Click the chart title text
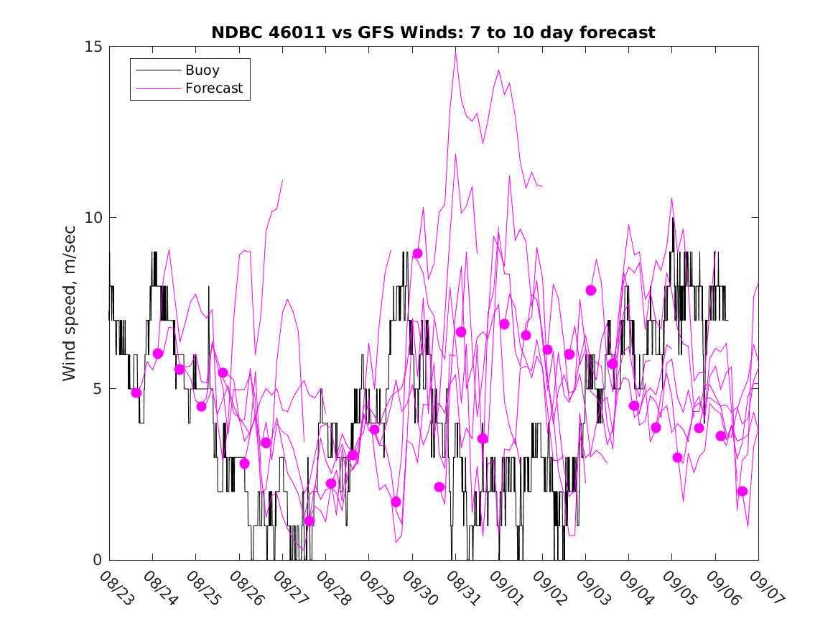pyautogui.click(x=433, y=33)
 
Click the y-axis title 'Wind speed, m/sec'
pyautogui.click(x=70, y=303)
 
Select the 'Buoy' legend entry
pyautogui.click(x=202, y=70)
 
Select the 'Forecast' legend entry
pyautogui.click(x=213, y=89)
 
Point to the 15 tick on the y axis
pyautogui.click(x=93, y=47)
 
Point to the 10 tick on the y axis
pyautogui.click(x=93, y=218)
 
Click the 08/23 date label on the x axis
pyautogui.click(x=114, y=587)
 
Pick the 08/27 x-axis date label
pyautogui.click(x=287, y=587)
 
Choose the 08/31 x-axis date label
pyautogui.click(x=460, y=587)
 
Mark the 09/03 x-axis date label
pyautogui.click(x=590, y=587)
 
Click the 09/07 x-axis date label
pyautogui.click(x=763, y=587)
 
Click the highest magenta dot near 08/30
pyautogui.click(x=417, y=254)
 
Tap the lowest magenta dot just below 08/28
pyautogui.click(x=309, y=520)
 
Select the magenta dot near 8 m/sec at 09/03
pyautogui.click(x=591, y=290)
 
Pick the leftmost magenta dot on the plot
pyautogui.click(x=136, y=392)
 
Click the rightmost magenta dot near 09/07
pyautogui.click(x=742, y=491)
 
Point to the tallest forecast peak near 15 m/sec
pyautogui.click(x=455, y=50)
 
